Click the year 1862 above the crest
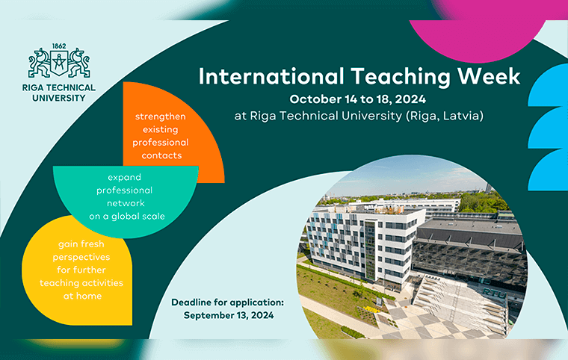(59, 46)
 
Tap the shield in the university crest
(59, 63)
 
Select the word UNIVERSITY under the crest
(59, 98)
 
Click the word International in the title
(271, 76)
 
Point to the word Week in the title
(489, 76)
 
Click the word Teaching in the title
(401, 77)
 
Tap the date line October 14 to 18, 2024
(357, 99)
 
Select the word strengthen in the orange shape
(161, 117)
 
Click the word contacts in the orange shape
(161, 156)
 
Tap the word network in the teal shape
(126, 203)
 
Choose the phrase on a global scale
(127, 216)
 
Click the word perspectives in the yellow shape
(81, 258)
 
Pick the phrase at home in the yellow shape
(83, 296)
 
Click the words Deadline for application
(227, 302)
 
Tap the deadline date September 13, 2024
(229, 315)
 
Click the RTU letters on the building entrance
(494, 293)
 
